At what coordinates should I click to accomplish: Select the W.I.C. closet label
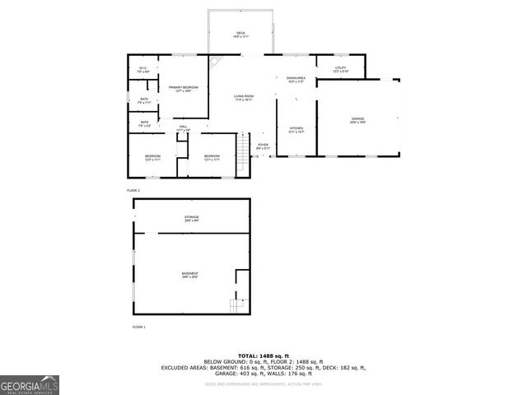(142, 71)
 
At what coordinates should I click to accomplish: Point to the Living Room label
(242, 98)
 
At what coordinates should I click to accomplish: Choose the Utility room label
(340, 70)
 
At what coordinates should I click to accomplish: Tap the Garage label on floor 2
(357, 121)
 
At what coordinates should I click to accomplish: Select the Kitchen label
(296, 129)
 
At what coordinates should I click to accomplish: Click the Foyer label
(263, 146)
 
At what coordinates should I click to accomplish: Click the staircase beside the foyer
(243, 147)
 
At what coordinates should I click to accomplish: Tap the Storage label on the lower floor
(191, 219)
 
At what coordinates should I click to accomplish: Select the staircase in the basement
(237, 306)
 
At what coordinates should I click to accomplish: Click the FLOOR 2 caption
(133, 189)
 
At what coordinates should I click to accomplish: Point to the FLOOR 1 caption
(138, 328)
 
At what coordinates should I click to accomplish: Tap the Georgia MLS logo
(30, 385)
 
